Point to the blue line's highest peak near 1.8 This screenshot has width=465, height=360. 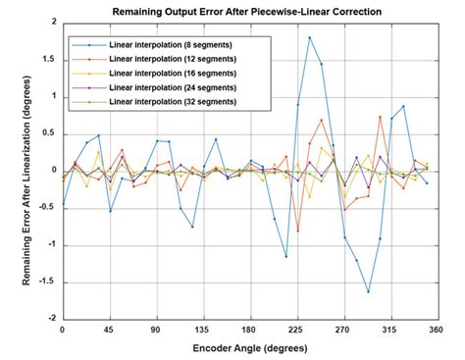coord(310,37)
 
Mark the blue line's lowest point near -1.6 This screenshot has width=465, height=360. coord(369,291)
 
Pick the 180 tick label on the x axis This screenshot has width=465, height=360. coord(249,331)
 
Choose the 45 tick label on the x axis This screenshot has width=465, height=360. coord(110,331)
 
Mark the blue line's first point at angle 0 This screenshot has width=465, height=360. coord(63,204)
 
